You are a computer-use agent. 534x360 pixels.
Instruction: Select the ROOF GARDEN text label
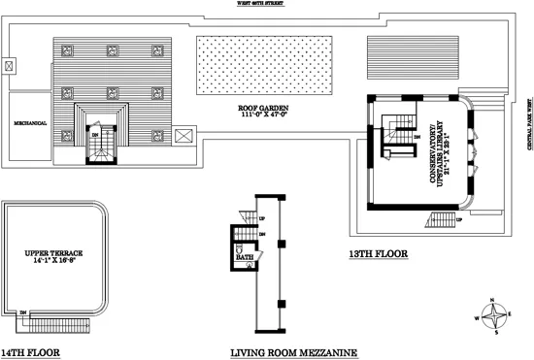tap(262, 108)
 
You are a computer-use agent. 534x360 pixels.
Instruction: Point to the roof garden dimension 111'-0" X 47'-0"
tap(262, 115)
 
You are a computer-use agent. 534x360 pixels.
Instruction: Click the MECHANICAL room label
tap(31, 123)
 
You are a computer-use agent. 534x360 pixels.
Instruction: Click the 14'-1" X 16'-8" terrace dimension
tap(50, 262)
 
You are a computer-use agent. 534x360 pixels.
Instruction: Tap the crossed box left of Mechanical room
tap(10, 67)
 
